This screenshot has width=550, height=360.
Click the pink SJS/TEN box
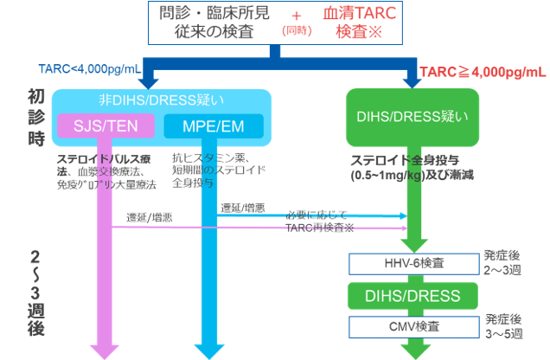[104, 127]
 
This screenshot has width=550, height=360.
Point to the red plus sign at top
[296, 15]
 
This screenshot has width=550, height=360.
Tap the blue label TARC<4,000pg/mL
[89, 69]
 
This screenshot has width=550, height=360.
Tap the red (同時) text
[296, 31]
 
